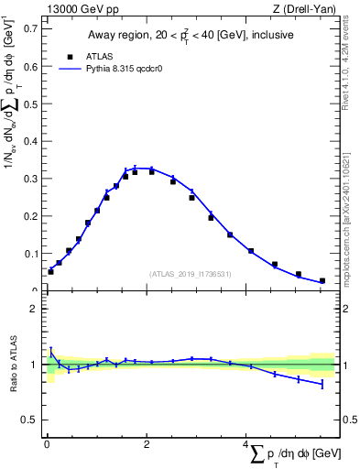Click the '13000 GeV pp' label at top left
tap(77, 9)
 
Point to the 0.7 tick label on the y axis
tap(30, 27)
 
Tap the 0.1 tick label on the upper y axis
tap(30, 253)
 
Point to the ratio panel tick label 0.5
tap(30, 420)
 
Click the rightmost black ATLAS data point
tap(322, 281)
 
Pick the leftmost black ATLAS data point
tap(50, 271)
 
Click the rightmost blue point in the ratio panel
tap(322, 384)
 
